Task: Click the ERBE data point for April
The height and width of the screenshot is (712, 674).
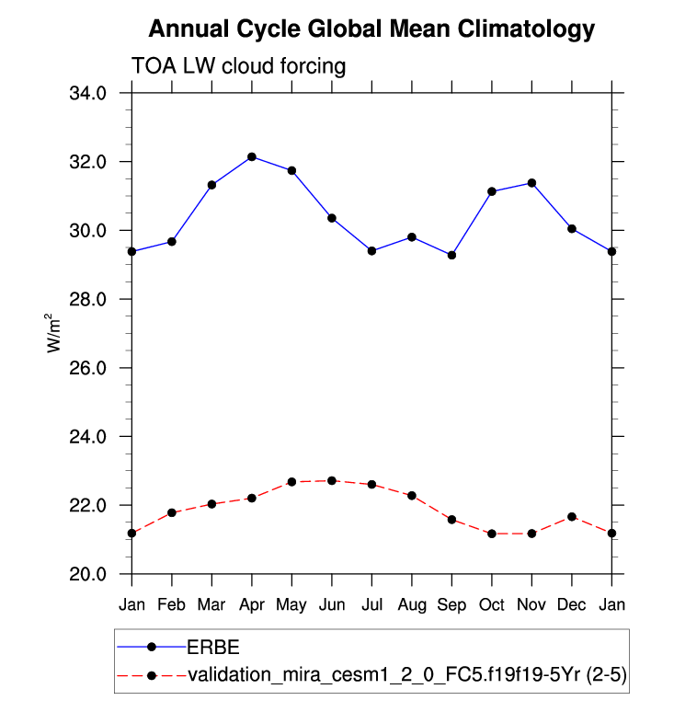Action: [252, 157]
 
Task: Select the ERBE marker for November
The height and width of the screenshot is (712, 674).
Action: [531, 183]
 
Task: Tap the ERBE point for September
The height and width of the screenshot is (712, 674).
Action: [451, 255]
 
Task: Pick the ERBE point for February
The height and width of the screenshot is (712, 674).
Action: [172, 242]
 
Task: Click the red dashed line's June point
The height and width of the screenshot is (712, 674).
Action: [332, 481]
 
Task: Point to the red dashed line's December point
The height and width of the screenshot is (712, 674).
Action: [572, 517]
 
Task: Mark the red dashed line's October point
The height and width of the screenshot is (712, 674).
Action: [492, 534]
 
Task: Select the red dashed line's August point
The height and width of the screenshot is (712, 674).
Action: [412, 496]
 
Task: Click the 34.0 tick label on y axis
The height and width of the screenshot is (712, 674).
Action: [88, 93]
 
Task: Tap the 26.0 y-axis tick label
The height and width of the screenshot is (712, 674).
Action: [88, 368]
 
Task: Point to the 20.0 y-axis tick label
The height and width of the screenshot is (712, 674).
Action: [88, 574]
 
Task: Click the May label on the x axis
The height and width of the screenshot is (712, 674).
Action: [292, 603]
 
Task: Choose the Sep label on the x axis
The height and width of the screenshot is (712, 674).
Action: [451, 603]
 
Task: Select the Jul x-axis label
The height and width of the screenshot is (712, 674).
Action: [371, 603]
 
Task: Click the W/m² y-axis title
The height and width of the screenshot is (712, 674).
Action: [54, 333]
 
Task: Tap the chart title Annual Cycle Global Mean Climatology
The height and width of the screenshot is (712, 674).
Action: [371, 29]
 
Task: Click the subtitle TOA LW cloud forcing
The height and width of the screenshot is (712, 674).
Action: [239, 65]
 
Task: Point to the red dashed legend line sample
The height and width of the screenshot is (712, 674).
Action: [151, 676]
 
